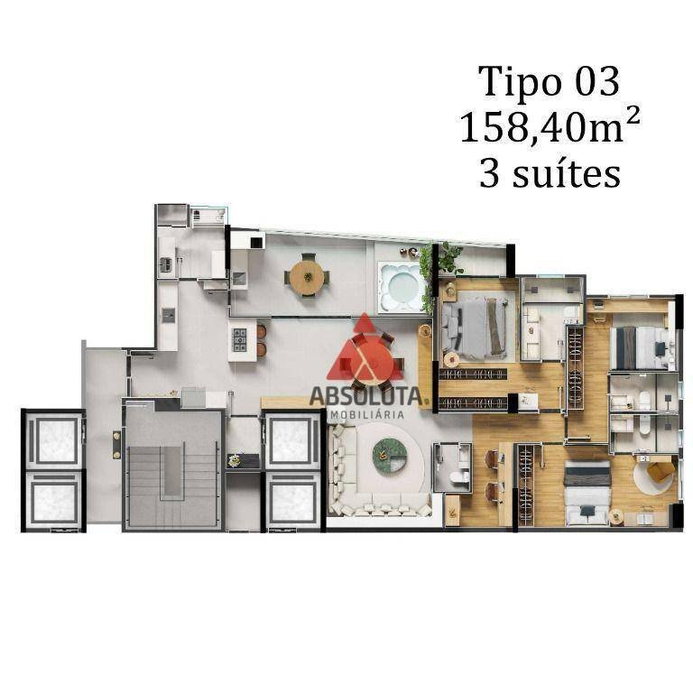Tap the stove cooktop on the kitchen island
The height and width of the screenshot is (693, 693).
pyautogui.click(x=239, y=339)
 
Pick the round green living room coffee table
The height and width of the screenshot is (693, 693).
pyautogui.click(x=390, y=455)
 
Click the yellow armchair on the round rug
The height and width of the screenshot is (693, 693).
pyautogui.click(x=660, y=471)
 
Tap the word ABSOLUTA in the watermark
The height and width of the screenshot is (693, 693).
pyautogui.click(x=366, y=396)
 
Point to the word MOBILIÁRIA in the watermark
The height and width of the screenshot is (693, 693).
pyautogui.click(x=367, y=414)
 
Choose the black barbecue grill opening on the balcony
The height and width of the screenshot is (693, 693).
pyautogui.click(x=257, y=242)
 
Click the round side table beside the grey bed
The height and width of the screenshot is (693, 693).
pyautogui.click(x=452, y=360)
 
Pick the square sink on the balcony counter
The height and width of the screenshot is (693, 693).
pyautogui.click(x=240, y=279)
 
